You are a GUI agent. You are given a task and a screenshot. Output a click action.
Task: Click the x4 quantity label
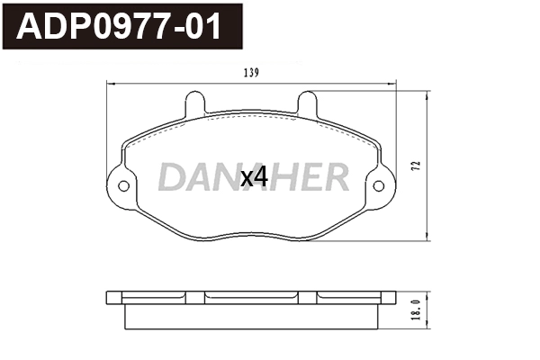tap(255, 178)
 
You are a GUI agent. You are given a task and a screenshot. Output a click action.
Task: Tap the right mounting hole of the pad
tap(379, 186)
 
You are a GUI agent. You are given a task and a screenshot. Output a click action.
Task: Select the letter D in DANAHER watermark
tap(170, 178)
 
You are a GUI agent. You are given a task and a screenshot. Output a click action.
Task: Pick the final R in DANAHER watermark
tap(335, 178)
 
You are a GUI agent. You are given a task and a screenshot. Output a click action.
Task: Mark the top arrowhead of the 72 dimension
tap(424, 93)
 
